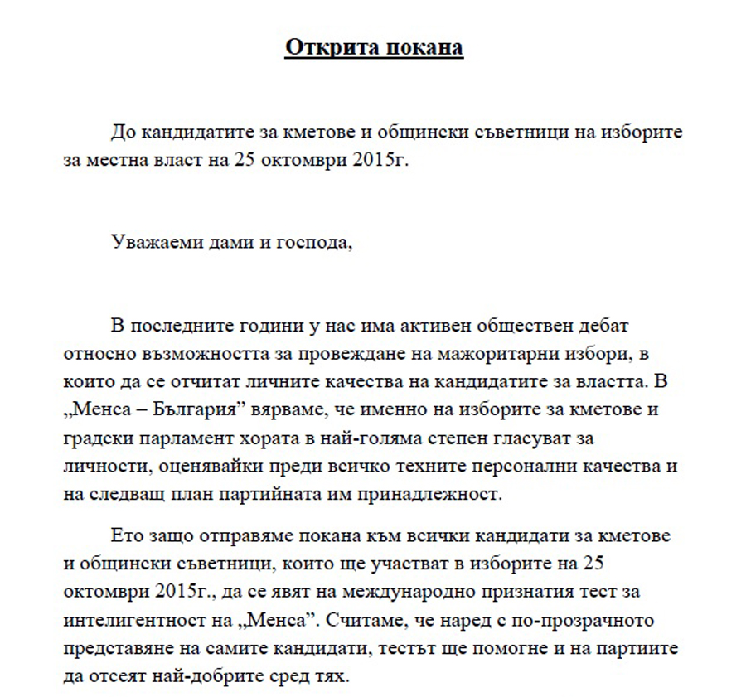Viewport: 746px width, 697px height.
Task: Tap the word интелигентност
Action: pyautogui.click(x=138, y=620)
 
